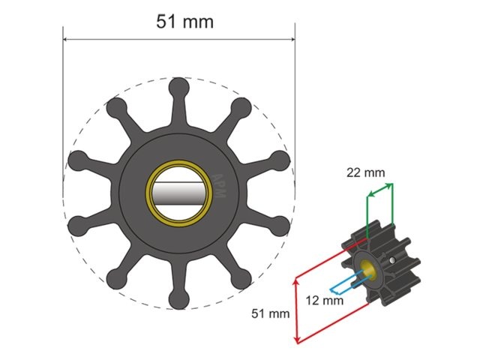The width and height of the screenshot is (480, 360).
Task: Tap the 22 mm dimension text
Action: (366, 172)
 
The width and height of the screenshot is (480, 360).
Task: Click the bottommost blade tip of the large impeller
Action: (178, 299)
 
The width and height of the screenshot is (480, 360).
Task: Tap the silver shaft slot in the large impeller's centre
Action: (178, 193)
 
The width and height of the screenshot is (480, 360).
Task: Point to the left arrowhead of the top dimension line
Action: (66, 40)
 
